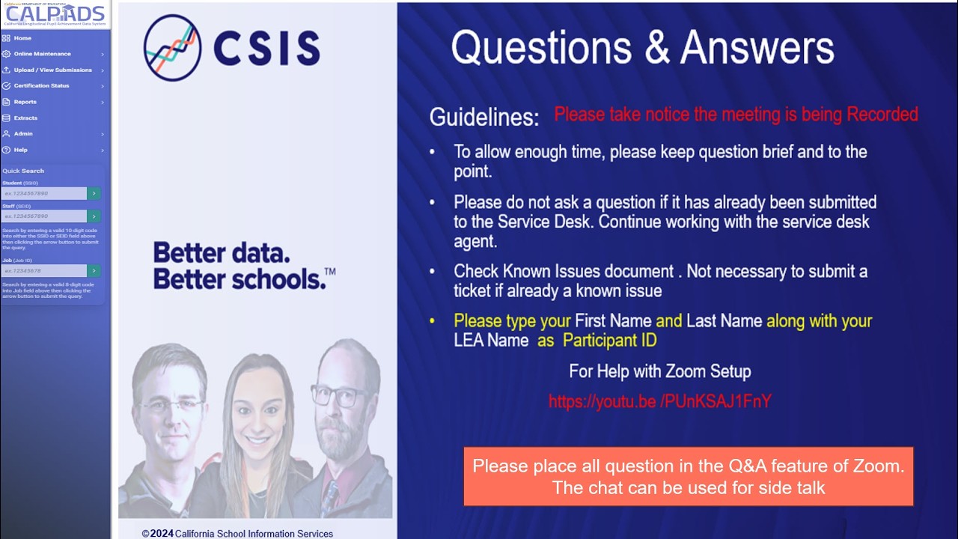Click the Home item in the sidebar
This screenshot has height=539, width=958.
22,38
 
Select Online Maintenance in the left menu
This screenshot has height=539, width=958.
42,54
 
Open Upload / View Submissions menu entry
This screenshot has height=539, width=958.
52,70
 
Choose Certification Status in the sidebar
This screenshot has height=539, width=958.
41,85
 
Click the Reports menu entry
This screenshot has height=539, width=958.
25,102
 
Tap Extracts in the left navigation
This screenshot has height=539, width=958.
25,118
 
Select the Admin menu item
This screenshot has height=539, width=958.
23,133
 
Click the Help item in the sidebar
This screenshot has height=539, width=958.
20,150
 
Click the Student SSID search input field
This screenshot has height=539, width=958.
44,193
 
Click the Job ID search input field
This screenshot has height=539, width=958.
44,270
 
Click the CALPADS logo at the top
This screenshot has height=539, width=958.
55,14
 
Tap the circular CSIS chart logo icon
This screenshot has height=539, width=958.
172,47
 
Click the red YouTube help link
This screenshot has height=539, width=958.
659,401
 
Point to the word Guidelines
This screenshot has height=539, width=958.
483,118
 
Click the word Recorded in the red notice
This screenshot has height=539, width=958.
882,115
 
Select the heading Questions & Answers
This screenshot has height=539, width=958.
642,48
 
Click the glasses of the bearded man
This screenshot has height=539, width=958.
339,396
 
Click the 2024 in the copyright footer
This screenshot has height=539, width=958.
162,534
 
